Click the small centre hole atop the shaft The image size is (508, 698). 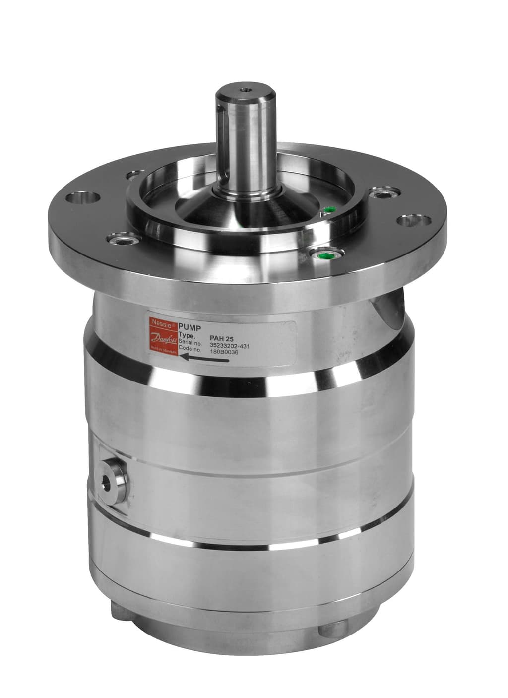(x=243, y=91)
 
